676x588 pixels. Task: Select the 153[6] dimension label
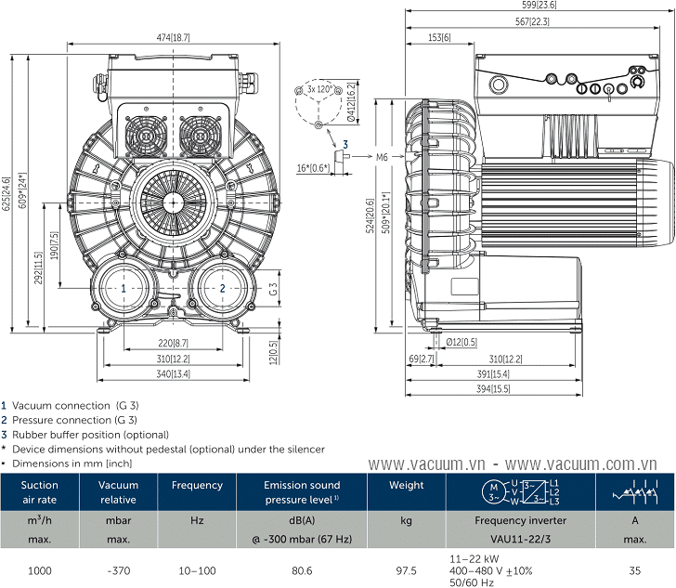[x=439, y=37]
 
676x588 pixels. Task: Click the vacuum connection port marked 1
[x=123, y=289]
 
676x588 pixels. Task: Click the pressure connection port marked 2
[x=223, y=289]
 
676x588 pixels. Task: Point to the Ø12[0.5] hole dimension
[x=461, y=342]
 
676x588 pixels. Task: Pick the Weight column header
[x=406, y=485]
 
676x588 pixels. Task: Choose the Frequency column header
[x=197, y=485]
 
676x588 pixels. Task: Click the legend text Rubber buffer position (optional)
[x=90, y=434]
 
